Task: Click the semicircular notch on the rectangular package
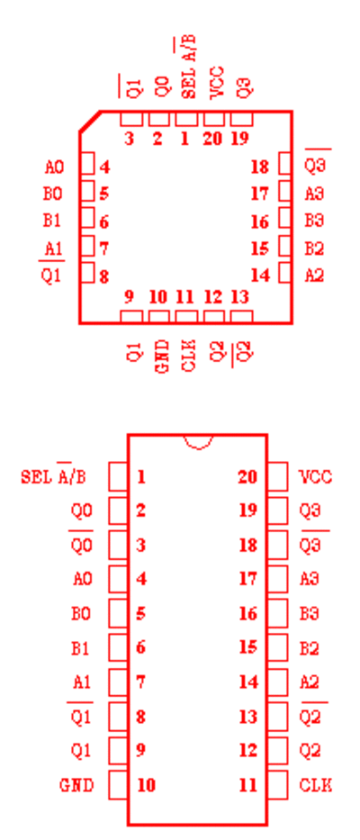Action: (199, 445)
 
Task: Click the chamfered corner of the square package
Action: (90, 121)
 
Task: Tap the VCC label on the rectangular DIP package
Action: (316, 477)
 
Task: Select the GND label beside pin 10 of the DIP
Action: (76, 785)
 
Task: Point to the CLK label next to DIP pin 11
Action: (316, 785)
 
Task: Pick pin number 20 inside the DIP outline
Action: (247, 477)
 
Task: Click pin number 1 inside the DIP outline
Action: (141, 477)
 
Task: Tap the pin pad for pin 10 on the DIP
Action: (118, 785)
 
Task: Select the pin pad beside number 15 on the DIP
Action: (277, 647)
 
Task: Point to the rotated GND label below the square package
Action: (161, 357)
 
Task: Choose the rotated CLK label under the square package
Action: (189, 356)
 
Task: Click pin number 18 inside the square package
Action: (260, 167)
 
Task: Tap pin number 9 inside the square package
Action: (129, 297)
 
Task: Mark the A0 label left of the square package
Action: (54, 167)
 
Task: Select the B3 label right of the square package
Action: (314, 221)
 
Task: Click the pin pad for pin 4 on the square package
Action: (87, 163)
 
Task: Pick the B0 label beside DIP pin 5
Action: (81, 614)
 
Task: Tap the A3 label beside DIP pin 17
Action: (310, 579)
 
